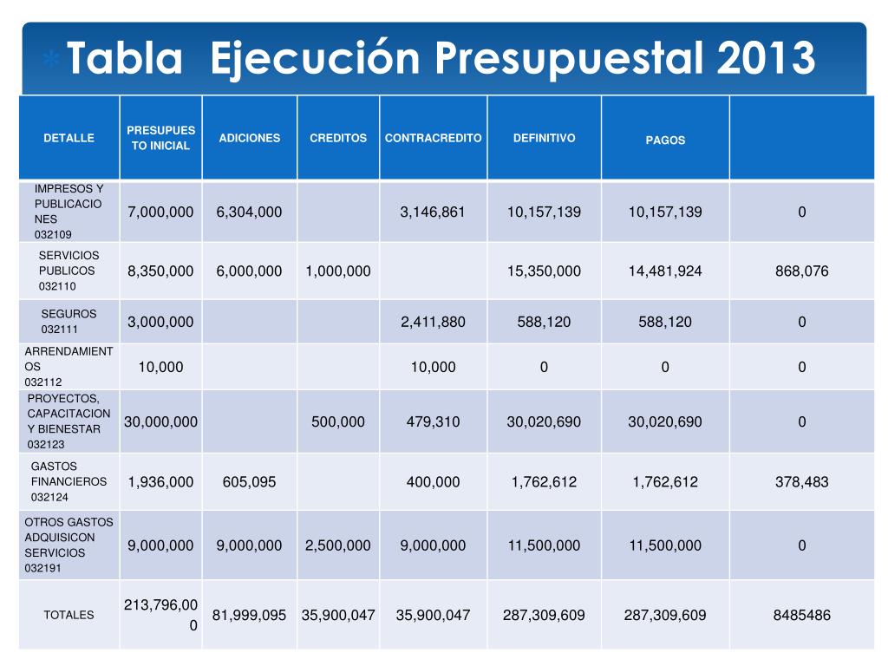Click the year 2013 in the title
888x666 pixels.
coord(767,59)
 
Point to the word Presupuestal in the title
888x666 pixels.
coord(572,59)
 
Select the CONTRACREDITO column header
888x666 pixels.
coord(434,138)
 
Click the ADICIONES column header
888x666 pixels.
coord(250,138)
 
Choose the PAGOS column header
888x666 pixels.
coord(665,140)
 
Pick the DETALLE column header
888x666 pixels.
coord(69,138)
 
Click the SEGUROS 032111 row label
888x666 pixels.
coord(69,322)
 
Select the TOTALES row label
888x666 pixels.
coord(69,615)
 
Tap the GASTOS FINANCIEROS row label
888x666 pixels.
coord(69,481)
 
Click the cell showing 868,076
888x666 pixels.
coord(802,271)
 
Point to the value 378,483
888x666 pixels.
coord(802,481)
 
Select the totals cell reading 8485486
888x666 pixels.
coord(802,615)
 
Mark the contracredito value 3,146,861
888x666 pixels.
coord(434,212)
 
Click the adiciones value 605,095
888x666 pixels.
coord(250,481)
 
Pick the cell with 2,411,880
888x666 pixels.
coord(434,322)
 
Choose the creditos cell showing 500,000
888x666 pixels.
coord(338,422)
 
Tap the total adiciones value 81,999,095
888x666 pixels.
coord(250,615)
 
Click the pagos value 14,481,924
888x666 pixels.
coord(665,271)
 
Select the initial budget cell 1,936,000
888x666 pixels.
coord(161,481)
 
